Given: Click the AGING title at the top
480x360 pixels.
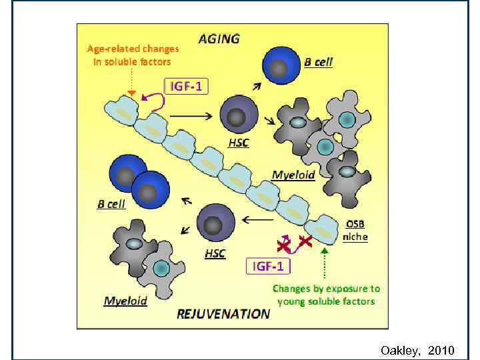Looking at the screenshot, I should (x=219, y=39).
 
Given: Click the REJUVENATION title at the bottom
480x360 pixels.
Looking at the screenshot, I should (x=223, y=313).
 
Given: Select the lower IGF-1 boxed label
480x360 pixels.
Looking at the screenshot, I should (x=269, y=267).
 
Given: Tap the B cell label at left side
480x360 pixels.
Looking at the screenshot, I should (x=111, y=205).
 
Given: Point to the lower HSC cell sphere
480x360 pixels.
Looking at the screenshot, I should (x=215, y=223).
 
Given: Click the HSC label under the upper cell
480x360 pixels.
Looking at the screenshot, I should (x=238, y=144).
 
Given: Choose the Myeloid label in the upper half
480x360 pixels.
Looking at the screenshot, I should (x=293, y=175).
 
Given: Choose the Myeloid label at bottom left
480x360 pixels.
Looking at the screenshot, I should (x=125, y=301).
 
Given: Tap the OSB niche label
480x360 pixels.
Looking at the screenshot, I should (x=355, y=231).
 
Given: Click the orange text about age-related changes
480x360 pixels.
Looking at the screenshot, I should (x=133, y=55).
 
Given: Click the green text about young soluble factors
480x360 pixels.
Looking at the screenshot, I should (x=326, y=295).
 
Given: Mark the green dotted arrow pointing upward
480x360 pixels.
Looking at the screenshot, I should (x=325, y=264).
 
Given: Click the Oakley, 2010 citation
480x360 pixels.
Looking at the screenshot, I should (x=417, y=350).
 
